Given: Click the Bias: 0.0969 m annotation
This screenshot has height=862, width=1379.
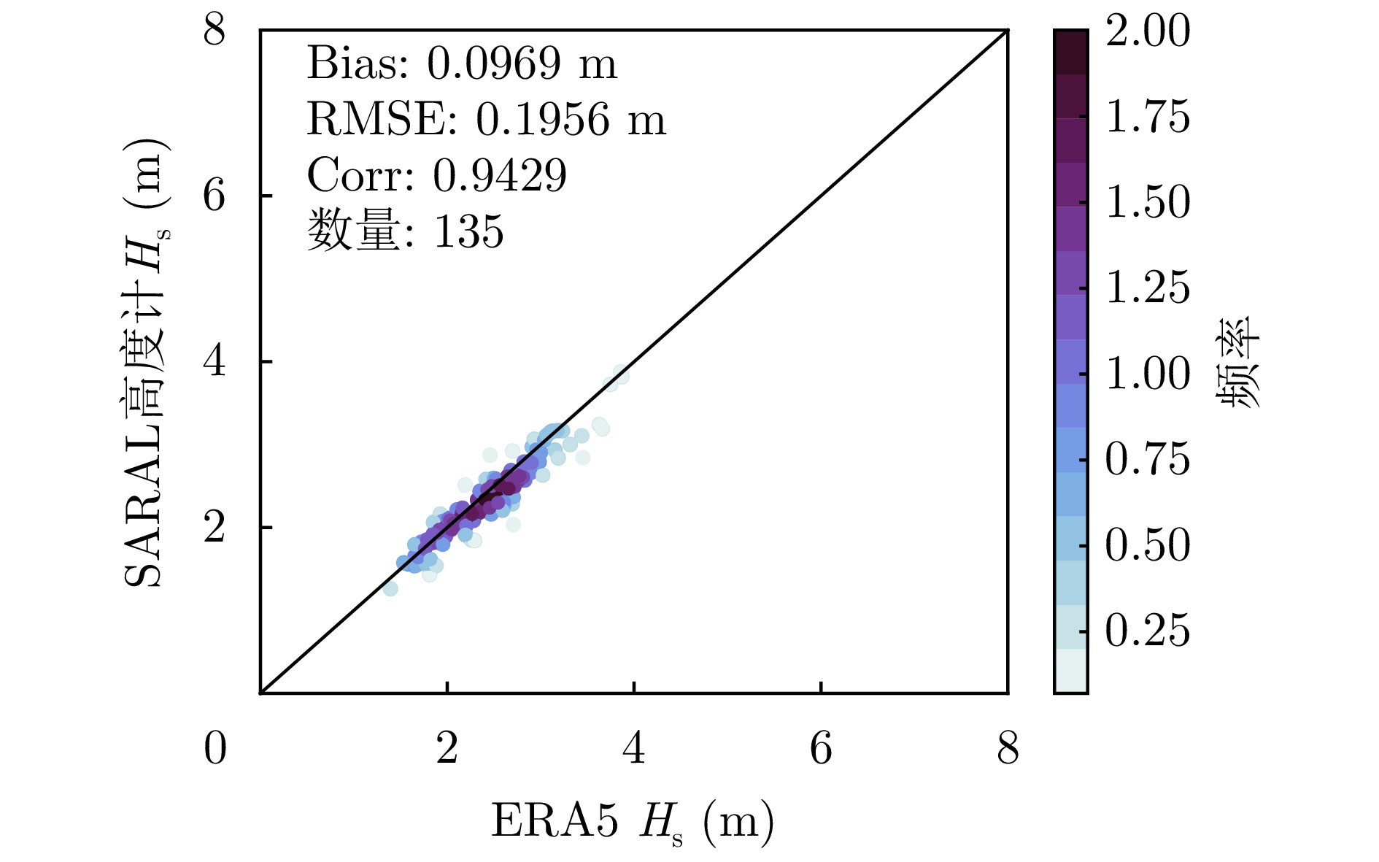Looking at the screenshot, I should pos(461,64).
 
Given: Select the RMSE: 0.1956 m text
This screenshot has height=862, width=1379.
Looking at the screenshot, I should pos(486,120).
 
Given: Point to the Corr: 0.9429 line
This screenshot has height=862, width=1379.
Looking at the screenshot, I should pos(436,176).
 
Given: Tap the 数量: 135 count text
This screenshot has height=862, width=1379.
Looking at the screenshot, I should pos(405,231).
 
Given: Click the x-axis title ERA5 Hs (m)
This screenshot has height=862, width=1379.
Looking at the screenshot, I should pos(632,823).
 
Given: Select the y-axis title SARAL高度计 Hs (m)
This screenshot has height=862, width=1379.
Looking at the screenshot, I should pos(146,363).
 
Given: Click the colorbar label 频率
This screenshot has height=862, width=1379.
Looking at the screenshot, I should pos(1238,362).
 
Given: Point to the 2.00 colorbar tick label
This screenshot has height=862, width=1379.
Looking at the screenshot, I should pos(1148,31).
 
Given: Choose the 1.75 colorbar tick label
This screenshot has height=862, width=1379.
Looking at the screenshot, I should pos(1148,117).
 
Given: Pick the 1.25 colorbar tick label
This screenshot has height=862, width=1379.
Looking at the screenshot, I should pos(1148,288).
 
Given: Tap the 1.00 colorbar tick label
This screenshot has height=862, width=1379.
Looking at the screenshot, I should pos(1148,374).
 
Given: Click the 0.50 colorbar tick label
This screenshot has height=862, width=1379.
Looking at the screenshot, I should pos(1148,545).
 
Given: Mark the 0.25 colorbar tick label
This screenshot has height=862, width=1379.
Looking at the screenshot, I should pos(1148,631).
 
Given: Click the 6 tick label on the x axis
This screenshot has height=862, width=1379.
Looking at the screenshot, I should pos(821,749).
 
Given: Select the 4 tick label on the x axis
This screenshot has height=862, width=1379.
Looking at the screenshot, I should pos(634,749).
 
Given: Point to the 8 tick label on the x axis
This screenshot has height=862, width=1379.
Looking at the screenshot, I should pos(1008,749).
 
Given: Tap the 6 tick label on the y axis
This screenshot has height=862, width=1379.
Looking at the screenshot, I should pos(215,196).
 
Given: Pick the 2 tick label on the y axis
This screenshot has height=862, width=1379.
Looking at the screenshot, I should pos(215,527).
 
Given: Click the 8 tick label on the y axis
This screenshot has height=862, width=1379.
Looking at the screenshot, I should pos(215,31).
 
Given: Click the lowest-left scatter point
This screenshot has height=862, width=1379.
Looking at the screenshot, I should pos(390,588).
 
